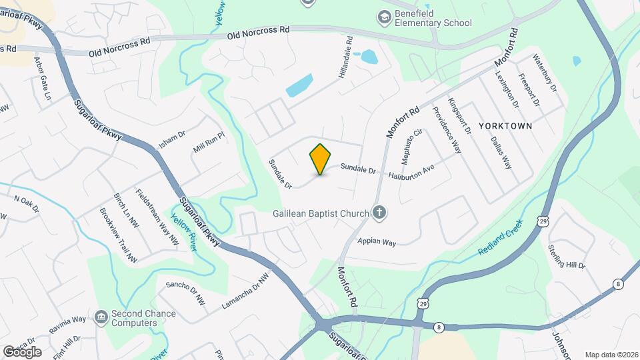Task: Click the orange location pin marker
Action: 321,159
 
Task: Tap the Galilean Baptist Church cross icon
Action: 379,213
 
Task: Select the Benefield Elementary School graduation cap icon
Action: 385,17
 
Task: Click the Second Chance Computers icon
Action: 101,315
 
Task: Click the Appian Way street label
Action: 377,242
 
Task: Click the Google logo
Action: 22,351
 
